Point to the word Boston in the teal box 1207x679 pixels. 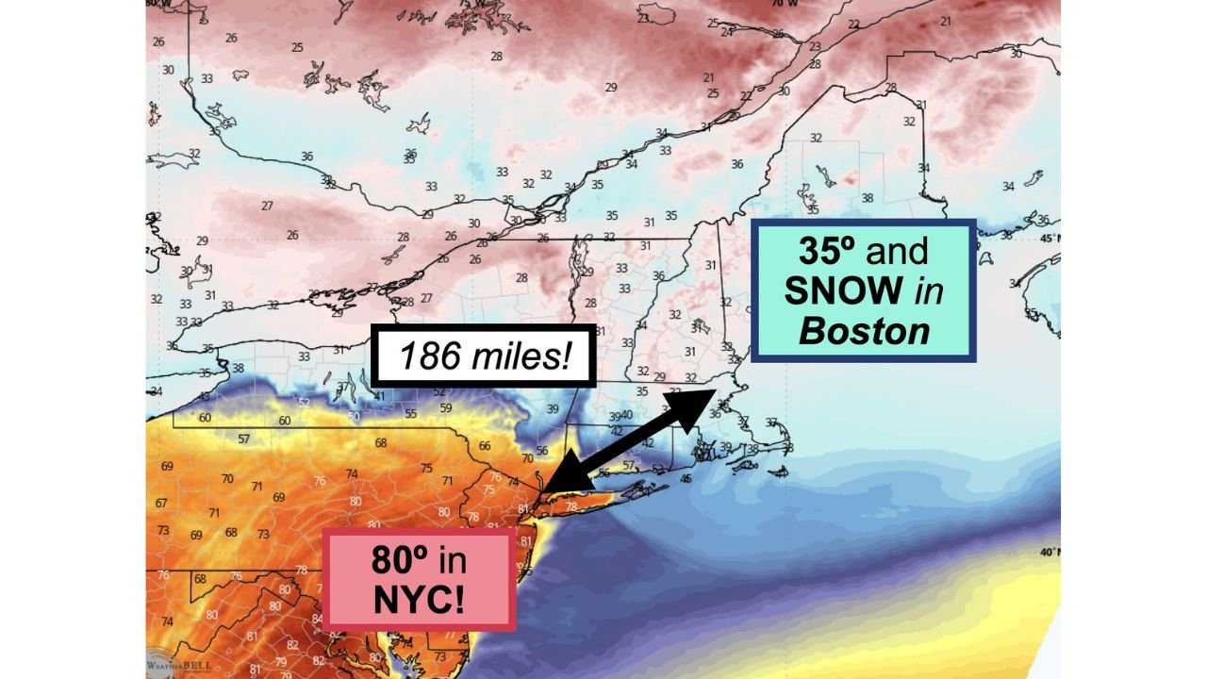point(863,331)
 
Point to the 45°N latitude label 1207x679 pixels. point(1049,238)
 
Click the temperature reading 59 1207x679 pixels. point(446,408)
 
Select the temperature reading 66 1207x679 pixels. point(485,446)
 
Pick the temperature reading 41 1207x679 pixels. point(378,396)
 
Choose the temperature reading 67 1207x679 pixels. point(161,503)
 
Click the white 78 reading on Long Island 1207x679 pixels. point(570,506)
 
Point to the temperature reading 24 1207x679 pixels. point(725,32)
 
